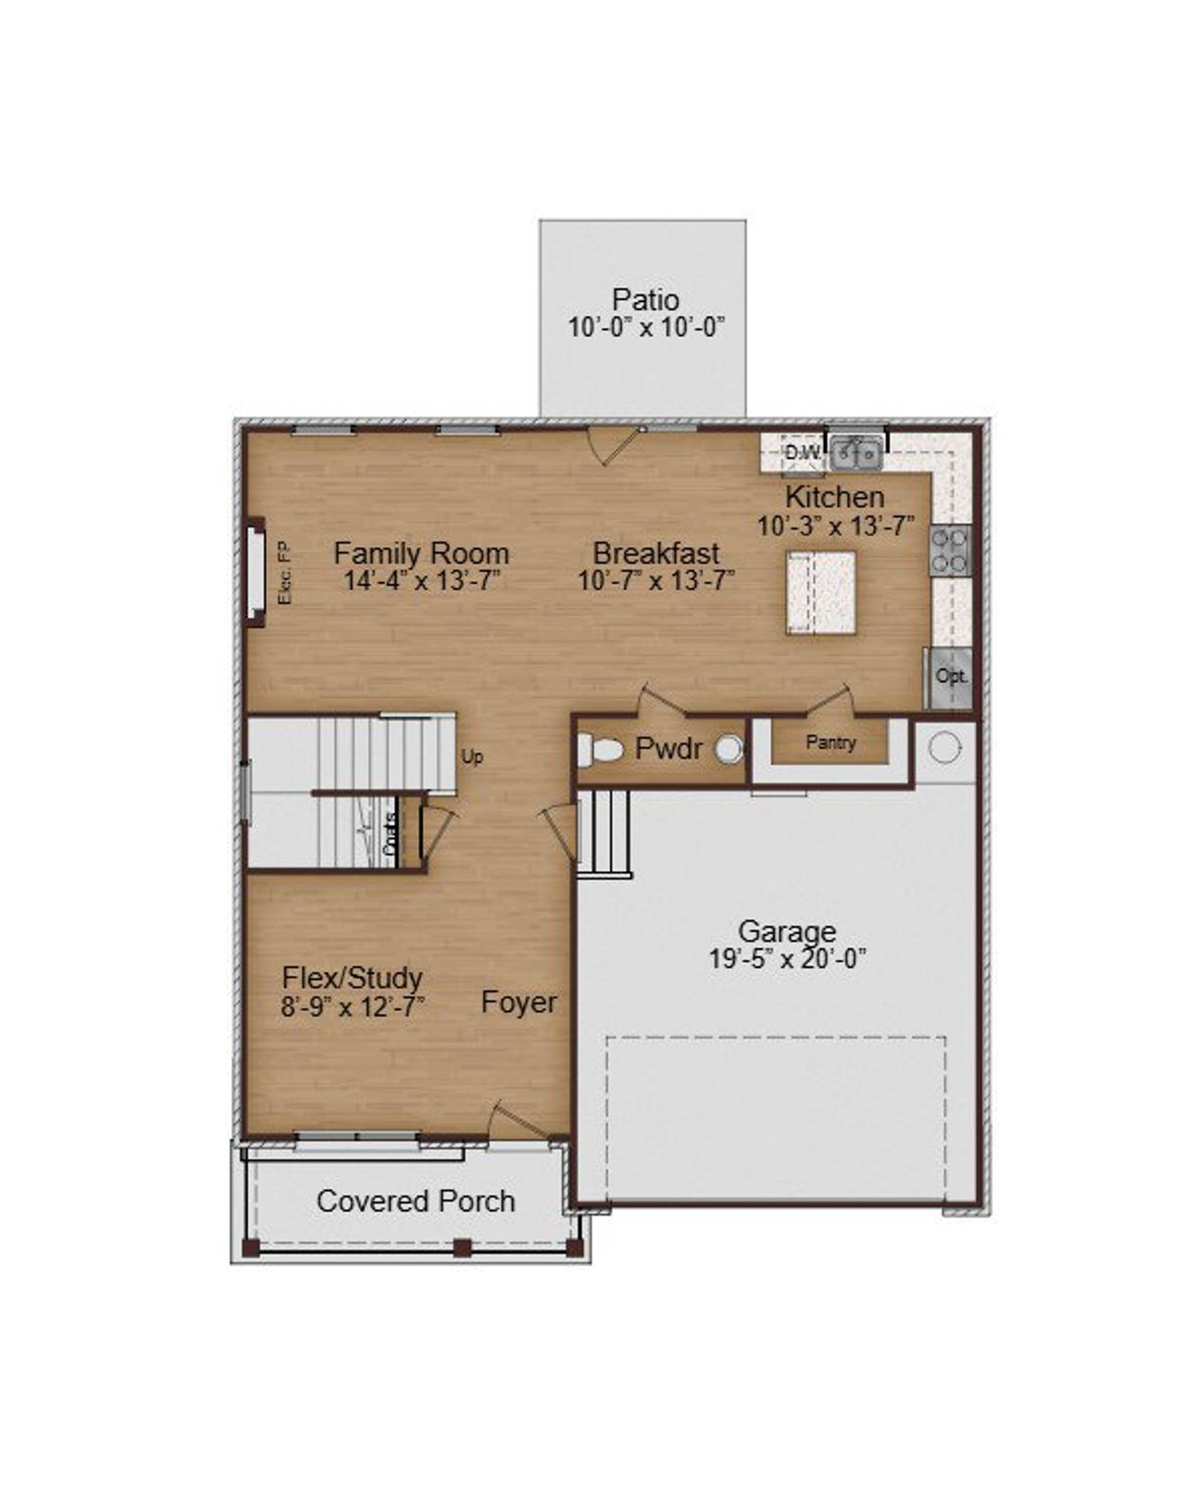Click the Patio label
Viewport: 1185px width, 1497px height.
[645, 300]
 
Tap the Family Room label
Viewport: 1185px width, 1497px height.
[421, 554]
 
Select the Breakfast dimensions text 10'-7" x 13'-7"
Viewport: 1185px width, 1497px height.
[656, 581]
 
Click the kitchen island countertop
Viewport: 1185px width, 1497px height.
[821, 593]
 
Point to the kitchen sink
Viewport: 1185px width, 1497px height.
[855, 453]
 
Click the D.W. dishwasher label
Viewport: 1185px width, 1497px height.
[802, 453]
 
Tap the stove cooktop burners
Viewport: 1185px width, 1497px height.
[950, 551]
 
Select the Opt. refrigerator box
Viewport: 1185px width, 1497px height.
[951, 677]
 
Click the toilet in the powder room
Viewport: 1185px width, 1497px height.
[599, 749]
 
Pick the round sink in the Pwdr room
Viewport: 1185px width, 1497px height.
[730, 749]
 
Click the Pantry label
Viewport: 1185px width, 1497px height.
[830, 742]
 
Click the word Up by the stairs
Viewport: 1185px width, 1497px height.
[472, 757]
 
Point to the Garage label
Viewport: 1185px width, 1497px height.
[786, 930]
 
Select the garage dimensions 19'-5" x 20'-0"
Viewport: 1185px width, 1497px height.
[787, 959]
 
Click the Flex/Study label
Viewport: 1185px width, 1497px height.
[352, 978]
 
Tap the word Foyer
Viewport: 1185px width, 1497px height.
[519, 1003]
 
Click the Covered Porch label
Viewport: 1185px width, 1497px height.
[416, 1202]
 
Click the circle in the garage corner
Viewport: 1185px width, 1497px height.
[944, 748]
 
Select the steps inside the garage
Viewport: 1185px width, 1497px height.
[604, 831]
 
